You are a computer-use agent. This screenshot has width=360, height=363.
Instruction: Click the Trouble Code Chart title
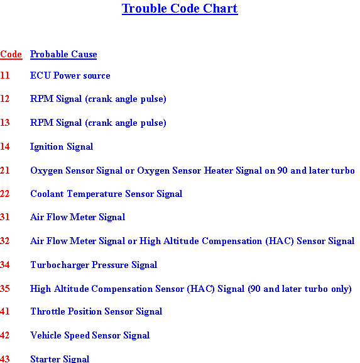180,9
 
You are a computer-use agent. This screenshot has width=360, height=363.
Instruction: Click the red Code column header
11,54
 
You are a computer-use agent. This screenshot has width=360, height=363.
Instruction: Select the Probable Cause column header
63,54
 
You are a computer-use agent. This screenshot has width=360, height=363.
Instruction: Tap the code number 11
5,75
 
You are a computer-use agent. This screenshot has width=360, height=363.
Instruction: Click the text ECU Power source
70,75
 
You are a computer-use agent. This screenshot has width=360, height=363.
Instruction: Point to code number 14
5,147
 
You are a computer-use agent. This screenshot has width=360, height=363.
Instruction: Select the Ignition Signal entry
62,147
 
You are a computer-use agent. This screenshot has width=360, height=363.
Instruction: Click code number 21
5,170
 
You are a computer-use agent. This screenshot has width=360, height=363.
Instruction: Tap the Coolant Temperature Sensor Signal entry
106,194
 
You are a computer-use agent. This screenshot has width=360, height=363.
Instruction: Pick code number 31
5,217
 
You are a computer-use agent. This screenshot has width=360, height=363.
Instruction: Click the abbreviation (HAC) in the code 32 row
280,241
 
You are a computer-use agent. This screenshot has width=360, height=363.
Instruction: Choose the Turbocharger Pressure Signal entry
94,265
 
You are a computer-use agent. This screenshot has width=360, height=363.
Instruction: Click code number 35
5,289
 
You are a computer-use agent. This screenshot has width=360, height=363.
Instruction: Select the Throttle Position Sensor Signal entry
96,311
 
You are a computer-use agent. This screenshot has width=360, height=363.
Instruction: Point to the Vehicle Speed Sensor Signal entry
90,335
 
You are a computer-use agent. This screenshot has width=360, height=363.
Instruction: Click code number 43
5,359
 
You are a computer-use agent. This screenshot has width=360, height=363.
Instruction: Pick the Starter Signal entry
60,359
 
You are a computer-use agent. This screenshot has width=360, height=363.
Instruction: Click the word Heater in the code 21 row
219,170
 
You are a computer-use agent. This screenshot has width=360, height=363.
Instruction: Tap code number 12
5,99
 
